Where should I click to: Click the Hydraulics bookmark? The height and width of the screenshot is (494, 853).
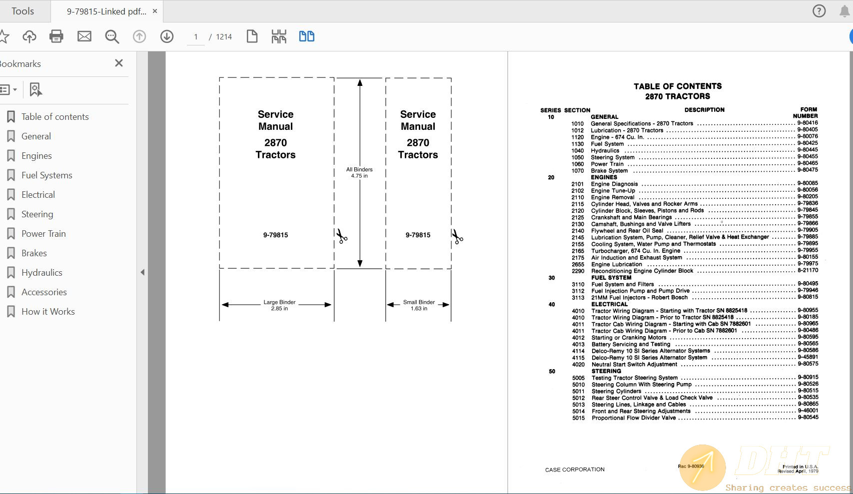coord(42,273)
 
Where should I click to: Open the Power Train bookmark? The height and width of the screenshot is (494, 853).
coord(43,234)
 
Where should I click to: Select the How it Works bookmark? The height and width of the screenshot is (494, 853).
coord(48,312)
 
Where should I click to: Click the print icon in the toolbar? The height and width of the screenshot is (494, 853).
coord(56,36)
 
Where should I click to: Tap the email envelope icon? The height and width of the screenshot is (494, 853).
coord(84,36)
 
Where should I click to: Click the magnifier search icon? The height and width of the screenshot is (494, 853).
coord(112,36)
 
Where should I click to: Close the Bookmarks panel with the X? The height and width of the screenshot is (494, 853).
coord(119,63)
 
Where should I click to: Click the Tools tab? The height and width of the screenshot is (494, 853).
coord(23,11)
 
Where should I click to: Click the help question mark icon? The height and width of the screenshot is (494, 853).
coord(819,11)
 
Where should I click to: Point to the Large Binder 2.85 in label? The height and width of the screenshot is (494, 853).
coord(279,305)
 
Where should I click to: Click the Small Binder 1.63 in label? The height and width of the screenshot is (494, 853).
coord(419,305)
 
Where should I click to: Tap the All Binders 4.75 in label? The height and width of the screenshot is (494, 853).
coord(359,172)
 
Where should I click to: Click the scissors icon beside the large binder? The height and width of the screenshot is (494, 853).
coord(342,236)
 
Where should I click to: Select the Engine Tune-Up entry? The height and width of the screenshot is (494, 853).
coord(613,191)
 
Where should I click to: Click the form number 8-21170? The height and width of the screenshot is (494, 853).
coord(808,270)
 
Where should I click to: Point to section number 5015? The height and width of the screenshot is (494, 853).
coord(578,418)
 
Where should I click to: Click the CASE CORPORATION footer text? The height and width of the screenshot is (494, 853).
coord(575,470)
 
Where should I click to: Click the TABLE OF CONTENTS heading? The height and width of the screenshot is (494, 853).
coord(678,86)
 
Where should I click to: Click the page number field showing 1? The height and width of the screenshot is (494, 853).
coord(196,37)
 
